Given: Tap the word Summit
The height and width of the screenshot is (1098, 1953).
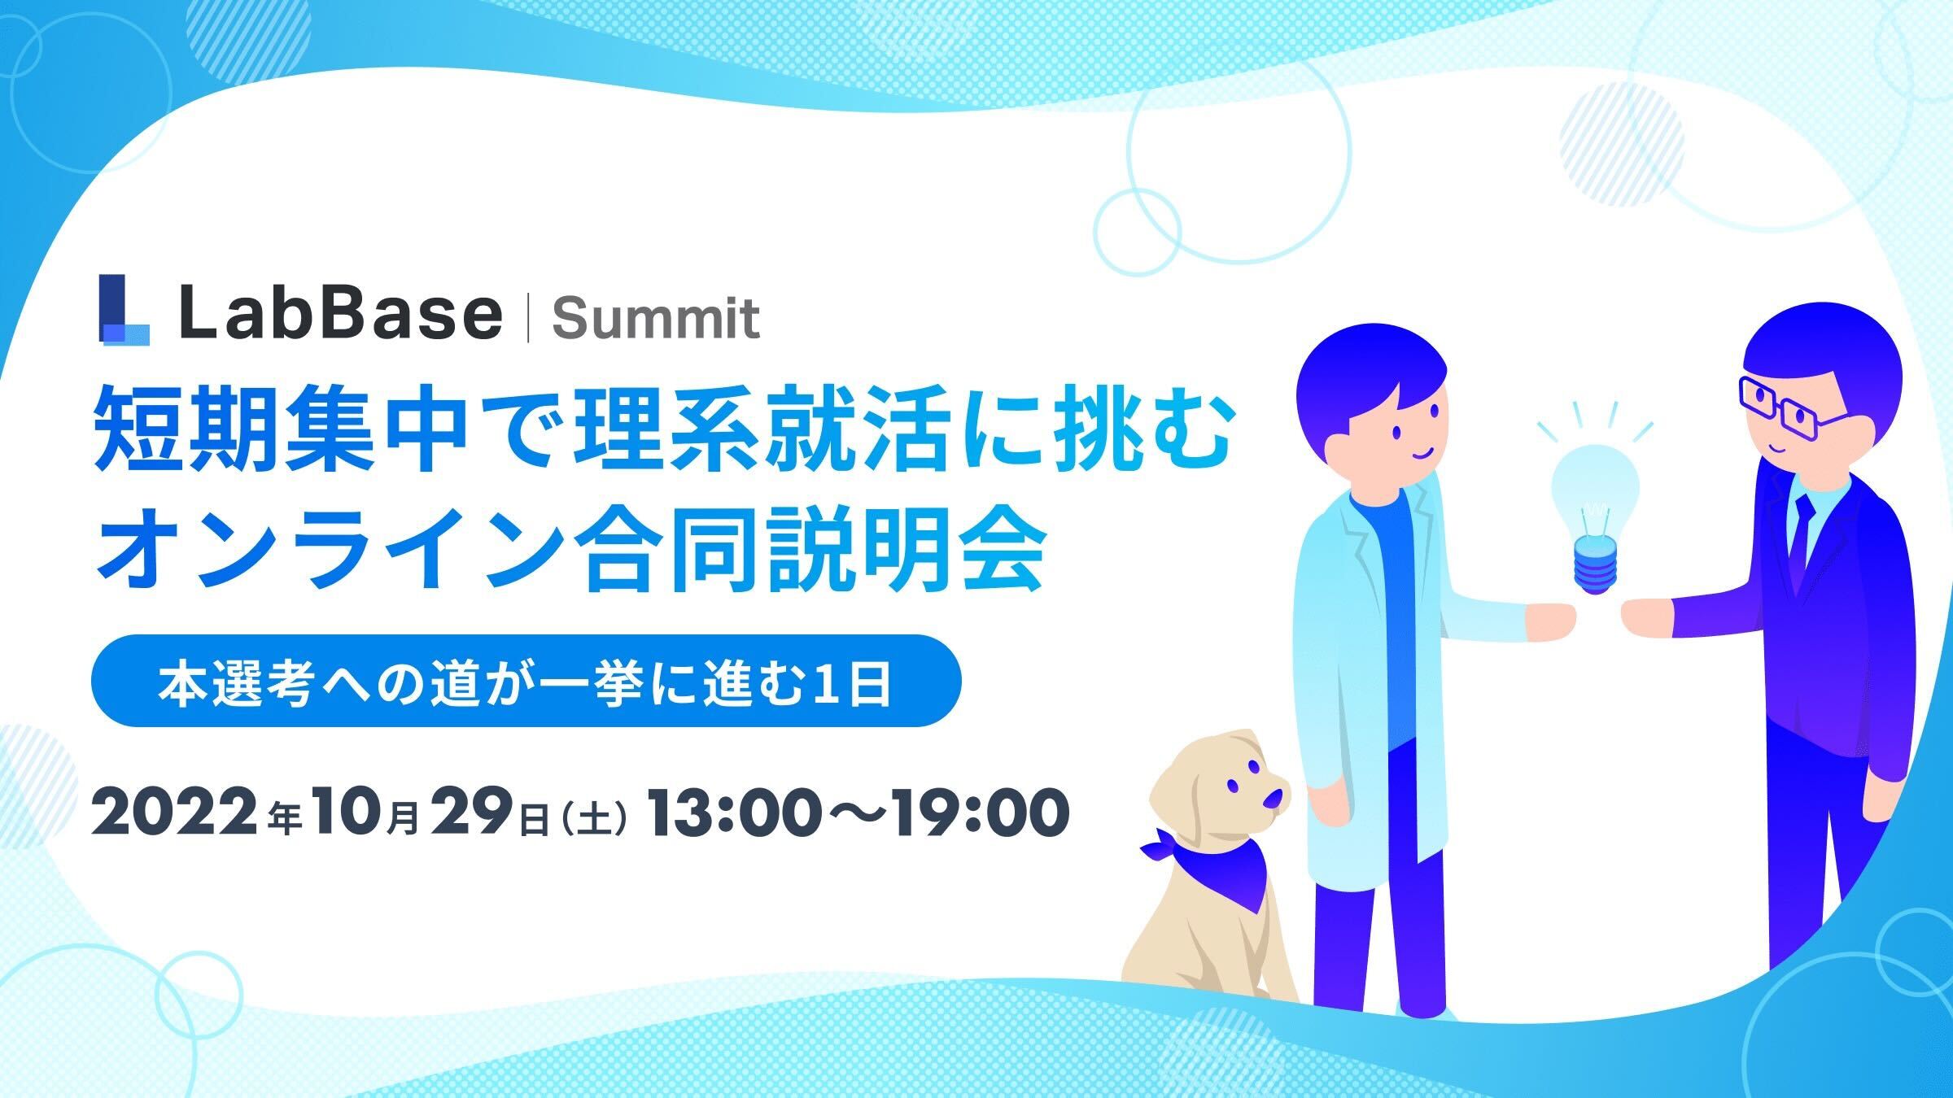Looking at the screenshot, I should (x=656, y=319).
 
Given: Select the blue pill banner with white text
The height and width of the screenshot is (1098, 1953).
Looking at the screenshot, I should (x=526, y=681).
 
